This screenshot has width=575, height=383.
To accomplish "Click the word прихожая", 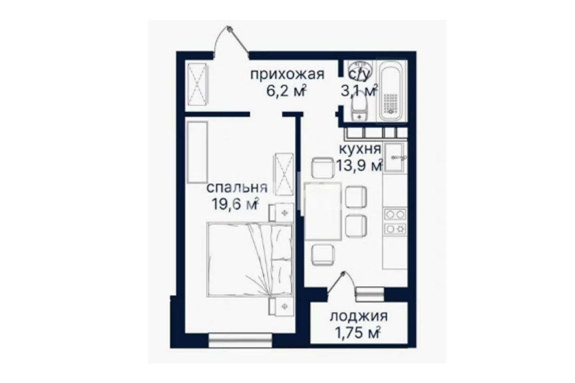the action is click(287, 75).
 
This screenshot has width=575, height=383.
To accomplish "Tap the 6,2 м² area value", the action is click(286, 90).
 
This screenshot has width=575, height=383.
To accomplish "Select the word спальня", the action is click(237, 188).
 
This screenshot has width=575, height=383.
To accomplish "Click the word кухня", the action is click(360, 150).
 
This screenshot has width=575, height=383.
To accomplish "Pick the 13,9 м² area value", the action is click(360, 165).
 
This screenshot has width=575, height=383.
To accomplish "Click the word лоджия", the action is click(359, 317).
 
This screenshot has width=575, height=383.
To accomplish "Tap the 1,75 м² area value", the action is click(357, 333).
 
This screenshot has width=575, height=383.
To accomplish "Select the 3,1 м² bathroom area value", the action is click(359, 90).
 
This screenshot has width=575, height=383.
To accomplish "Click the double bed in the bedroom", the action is click(250, 259).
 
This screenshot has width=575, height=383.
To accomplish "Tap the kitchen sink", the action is click(394, 157).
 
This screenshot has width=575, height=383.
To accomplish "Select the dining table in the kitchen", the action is click(323, 211).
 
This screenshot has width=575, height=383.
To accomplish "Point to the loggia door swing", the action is click(341, 283).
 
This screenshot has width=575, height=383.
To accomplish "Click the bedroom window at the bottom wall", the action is click(240, 340).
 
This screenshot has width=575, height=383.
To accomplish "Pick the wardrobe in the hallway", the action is click(197, 84).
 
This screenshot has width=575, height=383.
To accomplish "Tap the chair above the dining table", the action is click(323, 168).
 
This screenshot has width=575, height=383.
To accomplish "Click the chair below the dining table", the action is click(323, 255).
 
